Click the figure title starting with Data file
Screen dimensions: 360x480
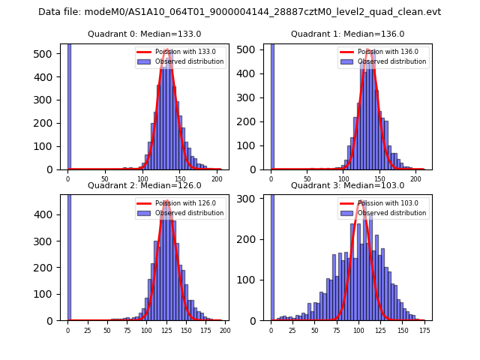[239, 12]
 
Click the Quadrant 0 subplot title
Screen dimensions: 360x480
[145, 34]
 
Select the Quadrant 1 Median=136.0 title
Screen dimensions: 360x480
[348, 34]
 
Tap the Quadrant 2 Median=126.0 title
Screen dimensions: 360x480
[145, 185]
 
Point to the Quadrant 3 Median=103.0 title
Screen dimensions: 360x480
[348, 185]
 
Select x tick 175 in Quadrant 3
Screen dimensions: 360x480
[424, 331]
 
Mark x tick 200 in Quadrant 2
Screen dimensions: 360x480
[223, 331]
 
